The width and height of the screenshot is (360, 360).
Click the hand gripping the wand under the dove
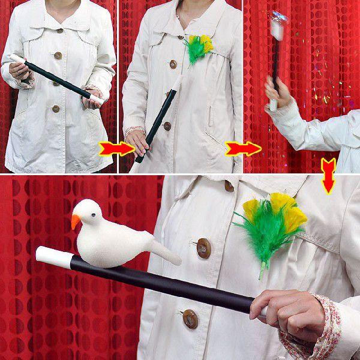[294, 312]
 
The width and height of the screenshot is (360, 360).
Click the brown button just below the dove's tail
[203, 247]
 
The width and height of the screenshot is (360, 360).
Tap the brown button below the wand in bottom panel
[190, 319]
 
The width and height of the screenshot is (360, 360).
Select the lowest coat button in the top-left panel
[56, 109]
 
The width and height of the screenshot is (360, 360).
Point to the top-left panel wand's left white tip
[16, 58]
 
